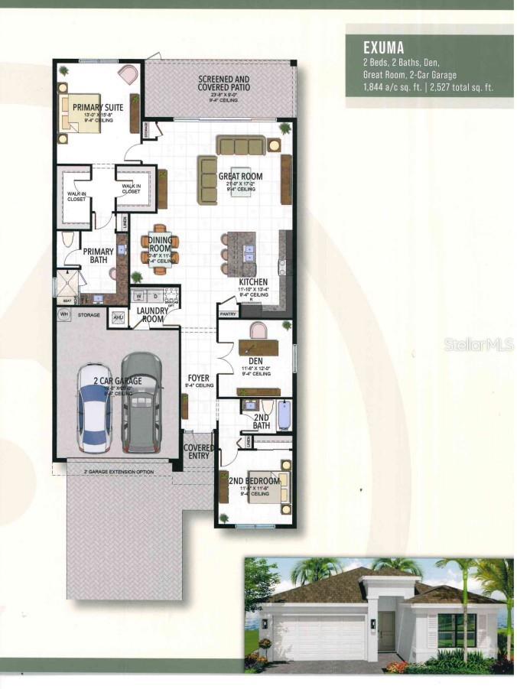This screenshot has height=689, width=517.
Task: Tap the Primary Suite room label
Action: click(x=93, y=108)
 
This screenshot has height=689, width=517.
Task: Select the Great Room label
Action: click(x=240, y=177)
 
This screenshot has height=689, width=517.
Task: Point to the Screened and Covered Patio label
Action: click(x=224, y=83)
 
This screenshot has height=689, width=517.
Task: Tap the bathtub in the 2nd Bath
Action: click(x=284, y=414)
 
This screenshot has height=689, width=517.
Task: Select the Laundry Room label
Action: click(x=152, y=314)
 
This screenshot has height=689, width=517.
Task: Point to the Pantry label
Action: click(x=228, y=314)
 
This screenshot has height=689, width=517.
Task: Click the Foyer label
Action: click(x=200, y=378)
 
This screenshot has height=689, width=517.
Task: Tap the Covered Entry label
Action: click(x=198, y=451)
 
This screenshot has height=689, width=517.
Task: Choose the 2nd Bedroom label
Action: click(x=252, y=481)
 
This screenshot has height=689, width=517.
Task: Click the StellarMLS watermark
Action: click(x=478, y=345)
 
